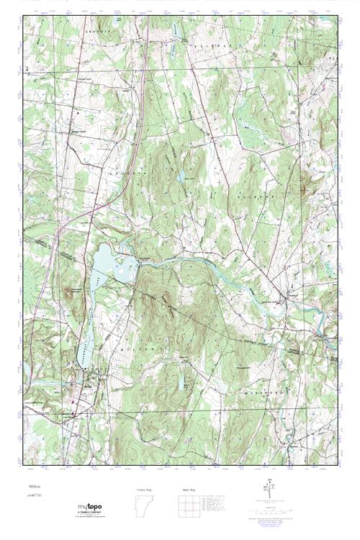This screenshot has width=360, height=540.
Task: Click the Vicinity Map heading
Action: coord(144,489)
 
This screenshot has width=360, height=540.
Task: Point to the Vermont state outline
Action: coord(144,507)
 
